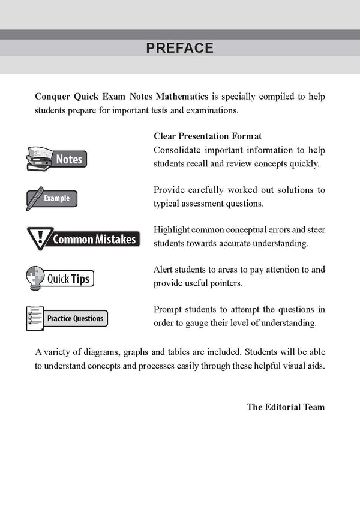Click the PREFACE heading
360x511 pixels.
point(180,48)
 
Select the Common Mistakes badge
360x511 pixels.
point(84,238)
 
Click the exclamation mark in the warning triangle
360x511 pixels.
point(41,237)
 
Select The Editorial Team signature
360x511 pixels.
point(286,407)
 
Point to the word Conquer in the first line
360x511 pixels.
point(55,97)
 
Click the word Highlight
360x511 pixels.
point(172,229)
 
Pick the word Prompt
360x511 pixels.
point(169,309)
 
